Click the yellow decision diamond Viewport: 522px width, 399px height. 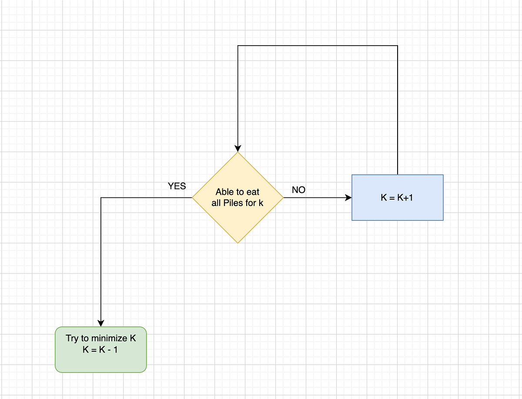click(x=238, y=217)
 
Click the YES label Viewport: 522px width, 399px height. click(x=177, y=186)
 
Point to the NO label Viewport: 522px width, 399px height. click(x=298, y=190)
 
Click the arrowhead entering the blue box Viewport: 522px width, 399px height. click(x=348, y=198)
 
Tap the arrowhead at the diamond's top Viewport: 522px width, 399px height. click(x=238, y=149)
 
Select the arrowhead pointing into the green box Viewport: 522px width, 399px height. click(x=100, y=323)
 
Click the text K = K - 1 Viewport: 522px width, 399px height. click(x=100, y=349)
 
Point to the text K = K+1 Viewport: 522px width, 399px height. click(x=397, y=197)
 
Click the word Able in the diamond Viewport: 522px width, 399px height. click(x=224, y=192)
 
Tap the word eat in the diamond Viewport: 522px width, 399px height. click(x=253, y=192)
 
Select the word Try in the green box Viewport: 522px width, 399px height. click(x=72, y=338)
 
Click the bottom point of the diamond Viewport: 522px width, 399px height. click(x=238, y=243)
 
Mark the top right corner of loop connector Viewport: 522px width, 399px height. click(x=398, y=46)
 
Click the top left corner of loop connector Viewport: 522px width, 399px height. click(x=238, y=46)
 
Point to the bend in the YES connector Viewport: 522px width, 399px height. click(x=100, y=198)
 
